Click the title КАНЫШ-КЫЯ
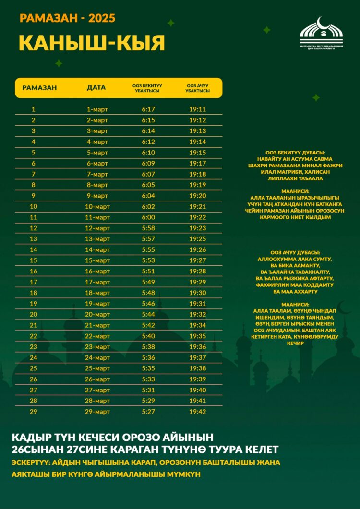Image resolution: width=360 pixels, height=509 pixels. [x=92, y=43]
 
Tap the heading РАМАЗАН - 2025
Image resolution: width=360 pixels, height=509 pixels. [x=67, y=19]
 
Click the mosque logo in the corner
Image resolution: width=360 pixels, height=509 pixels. [x=321, y=34]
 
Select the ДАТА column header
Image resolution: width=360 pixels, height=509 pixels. [x=96, y=88]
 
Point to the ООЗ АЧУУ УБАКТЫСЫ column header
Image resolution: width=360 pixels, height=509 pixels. [x=197, y=88]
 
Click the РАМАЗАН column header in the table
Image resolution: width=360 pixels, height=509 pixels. [x=39, y=88]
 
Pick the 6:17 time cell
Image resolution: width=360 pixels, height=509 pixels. [x=148, y=109]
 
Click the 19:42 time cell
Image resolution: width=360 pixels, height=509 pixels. [x=197, y=412]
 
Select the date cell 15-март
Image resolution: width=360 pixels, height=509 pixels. [x=97, y=260]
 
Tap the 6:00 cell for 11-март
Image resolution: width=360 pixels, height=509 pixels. [x=148, y=217]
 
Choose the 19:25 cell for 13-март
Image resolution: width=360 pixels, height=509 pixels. [x=197, y=239]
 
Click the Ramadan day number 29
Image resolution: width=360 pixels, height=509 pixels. [x=34, y=412]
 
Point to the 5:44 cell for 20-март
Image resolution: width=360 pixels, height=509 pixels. [x=148, y=314]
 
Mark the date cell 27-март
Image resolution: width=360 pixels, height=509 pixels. [x=97, y=390]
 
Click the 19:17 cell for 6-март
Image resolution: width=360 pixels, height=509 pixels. [x=197, y=163]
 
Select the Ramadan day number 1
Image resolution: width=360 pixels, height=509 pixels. [x=34, y=109]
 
